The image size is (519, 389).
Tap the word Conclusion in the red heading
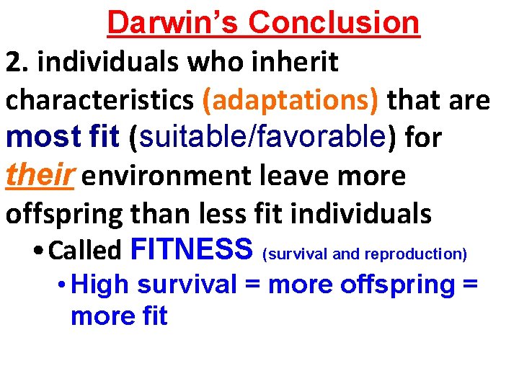(334, 22)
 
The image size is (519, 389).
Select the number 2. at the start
(17, 63)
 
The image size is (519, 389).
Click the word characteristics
(99, 102)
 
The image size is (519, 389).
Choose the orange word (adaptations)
(290, 102)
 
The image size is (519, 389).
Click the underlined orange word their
(40, 175)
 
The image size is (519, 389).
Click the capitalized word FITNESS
(192, 250)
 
